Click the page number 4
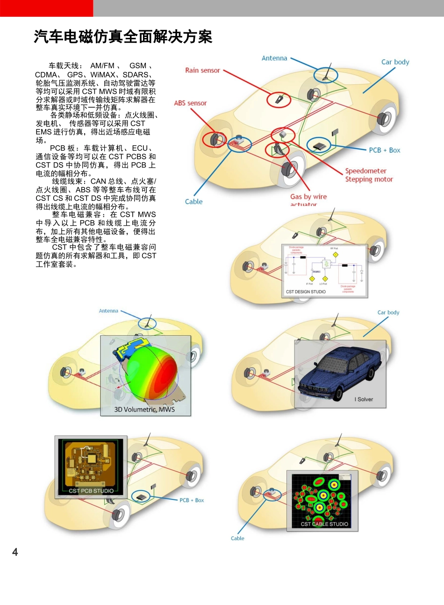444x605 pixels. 15,552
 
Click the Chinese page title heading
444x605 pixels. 123,36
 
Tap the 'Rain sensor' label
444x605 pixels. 202,71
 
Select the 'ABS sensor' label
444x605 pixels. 190,103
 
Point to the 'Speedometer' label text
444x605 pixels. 366,171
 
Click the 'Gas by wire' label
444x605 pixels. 308,197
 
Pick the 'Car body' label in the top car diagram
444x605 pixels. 395,62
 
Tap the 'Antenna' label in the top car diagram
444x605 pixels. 274,58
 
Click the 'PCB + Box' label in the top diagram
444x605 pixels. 384,150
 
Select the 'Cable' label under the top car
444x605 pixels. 193,202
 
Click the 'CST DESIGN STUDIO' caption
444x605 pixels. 306,292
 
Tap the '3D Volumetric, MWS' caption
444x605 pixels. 144,410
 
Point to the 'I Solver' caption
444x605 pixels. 364,399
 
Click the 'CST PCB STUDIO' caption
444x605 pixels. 91,491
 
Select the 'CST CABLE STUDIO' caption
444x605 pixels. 324,524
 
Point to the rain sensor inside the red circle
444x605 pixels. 279,100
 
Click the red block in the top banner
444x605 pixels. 46,8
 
